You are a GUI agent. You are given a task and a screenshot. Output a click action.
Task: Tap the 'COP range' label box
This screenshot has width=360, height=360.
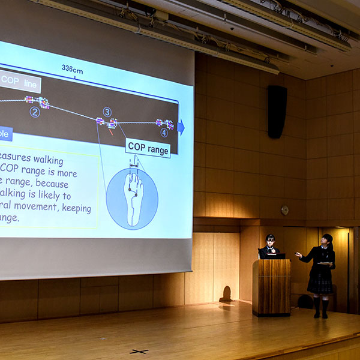(x=148, y=148)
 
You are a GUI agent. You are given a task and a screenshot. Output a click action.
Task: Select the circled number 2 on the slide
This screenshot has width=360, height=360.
(x=35, y=112)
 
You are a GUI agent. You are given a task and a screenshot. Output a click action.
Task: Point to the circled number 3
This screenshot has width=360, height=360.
(x=107, y=112)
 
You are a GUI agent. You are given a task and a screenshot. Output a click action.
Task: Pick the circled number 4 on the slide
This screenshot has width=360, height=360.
(x=164, y=133)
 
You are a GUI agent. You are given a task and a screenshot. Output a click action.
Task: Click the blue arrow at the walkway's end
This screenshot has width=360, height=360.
(x=181, y=127)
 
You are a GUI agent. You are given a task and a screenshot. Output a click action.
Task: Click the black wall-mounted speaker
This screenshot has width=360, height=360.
(x=277, y=112)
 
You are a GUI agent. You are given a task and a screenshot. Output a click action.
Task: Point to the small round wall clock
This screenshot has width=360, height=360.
(x=284, y=210)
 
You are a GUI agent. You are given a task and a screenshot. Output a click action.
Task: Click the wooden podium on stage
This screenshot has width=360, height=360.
(x=271, y=287)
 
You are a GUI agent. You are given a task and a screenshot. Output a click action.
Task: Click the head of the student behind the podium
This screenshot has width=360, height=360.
(x=271, y=240)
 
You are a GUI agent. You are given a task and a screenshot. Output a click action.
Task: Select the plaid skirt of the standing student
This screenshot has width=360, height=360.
(x=320, y=285)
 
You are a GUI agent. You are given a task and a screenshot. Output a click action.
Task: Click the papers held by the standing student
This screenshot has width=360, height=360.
(x=325, y=263)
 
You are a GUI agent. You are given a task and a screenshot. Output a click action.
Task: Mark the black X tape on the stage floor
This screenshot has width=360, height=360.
(x=139, y=351)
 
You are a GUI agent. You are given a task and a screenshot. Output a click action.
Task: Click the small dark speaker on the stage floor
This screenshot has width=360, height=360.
(x=226, y=295)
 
